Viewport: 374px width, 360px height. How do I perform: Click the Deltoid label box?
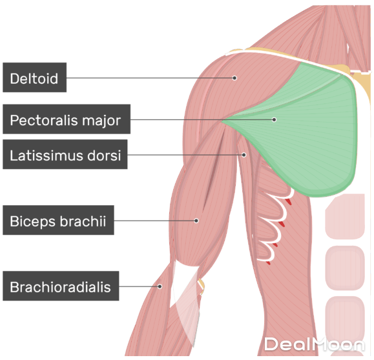[x=35, y=77]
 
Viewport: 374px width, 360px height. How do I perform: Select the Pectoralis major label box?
[x=67, y=119]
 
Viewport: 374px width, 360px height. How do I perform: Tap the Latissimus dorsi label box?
[x=65, y=154]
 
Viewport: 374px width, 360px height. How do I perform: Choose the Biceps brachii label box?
[x=58, y=220]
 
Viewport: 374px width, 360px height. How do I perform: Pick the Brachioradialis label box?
[x=61, y=286]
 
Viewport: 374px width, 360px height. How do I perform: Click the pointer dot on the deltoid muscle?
[x=234, y=78]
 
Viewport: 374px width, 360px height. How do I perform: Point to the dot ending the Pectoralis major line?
[x=275, y=119]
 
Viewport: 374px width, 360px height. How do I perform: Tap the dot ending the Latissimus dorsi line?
[x=244, y=155]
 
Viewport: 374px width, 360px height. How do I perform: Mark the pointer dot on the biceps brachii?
[x=196, y=221]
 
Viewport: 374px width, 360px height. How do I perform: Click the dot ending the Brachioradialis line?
[x=160, y=286]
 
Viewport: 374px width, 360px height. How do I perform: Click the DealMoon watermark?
[x=315, y=345]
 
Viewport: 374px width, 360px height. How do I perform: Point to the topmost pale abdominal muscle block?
[x=345, y=216]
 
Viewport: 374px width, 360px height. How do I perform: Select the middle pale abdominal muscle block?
[x=345, y=268]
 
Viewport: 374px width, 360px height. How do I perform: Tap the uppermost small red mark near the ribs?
[x=289, y=201]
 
